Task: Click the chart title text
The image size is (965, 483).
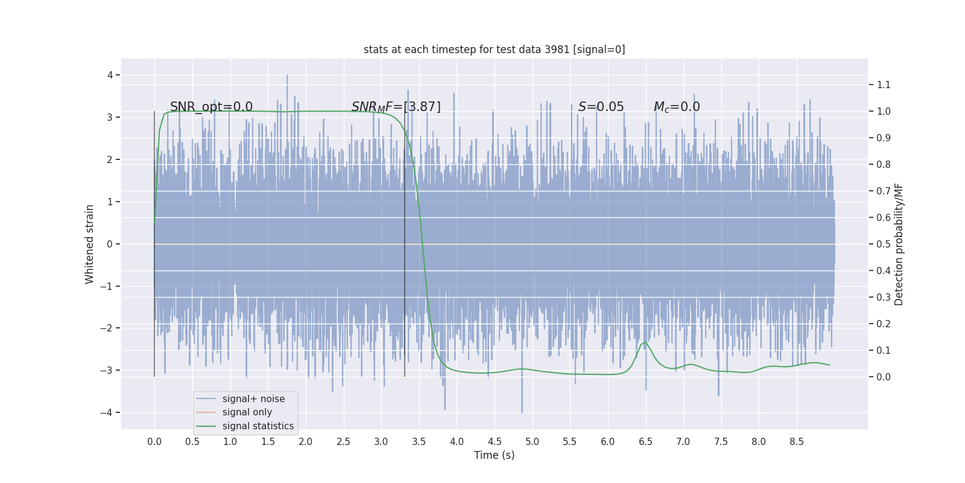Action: pyautogui.click(x=494, y=50)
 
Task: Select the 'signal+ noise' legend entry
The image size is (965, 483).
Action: pyautogui.click(x=253, y=399)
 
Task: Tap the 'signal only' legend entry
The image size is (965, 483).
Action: pyautogui.click(x=247, y=412)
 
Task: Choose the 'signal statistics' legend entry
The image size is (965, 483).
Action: pyautogui.click(x=258, y=426)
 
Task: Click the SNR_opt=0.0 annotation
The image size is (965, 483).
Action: pyautogui.click(x=211, y=107)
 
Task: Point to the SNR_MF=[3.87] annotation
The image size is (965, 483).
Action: pyautogui.click(x=396, y=107)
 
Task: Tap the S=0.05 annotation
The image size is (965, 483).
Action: pyautogui.click(x=601, y=107)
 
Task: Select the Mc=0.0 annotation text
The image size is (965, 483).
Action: pyautogui.click(x=677, y=107)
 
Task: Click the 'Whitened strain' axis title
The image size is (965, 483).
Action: pyautogui.click(x=90, y=244)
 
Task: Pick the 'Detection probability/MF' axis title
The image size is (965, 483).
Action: pyautogui.click(x=899, y=244)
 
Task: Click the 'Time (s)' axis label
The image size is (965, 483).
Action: pyautogui.click(x=494, y=455)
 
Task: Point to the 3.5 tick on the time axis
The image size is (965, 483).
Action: pyautogui.click(x=419, y=442)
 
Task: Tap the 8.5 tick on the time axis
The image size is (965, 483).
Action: pyautogui.click(x=796, y=442)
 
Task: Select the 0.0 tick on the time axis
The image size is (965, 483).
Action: pyautogui.click(x=154, y=442)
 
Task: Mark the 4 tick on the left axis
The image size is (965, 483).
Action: pyautogui.click(x=110, y=75)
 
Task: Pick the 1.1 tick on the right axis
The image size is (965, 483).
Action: pyautogui.click(x=884, y=85)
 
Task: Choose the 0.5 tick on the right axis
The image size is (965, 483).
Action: pyautogui.click(x=884, y=245)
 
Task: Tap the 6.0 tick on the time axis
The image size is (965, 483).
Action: pyautogui.click(x=607, y=442)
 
